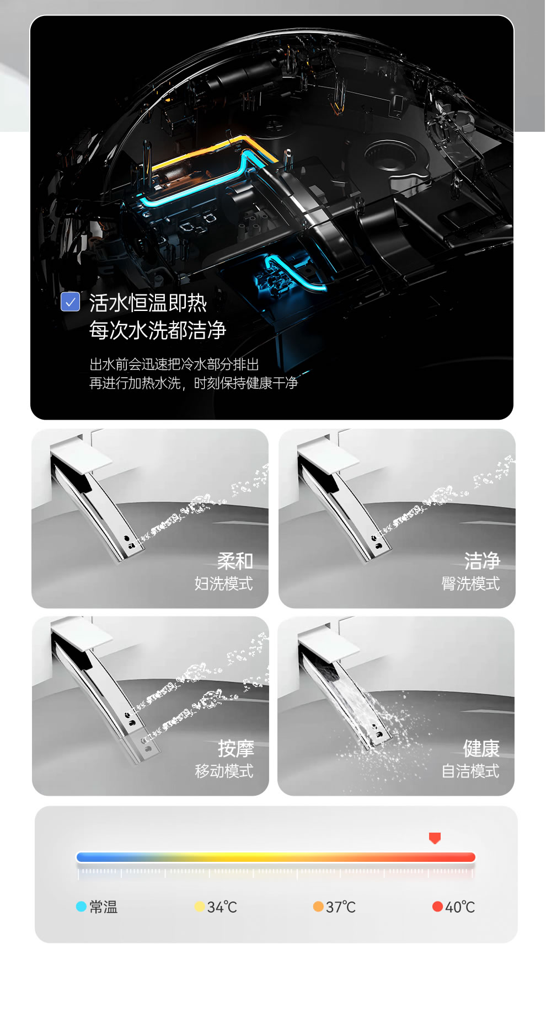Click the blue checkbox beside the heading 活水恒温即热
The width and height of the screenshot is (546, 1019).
click(x=70, y=302)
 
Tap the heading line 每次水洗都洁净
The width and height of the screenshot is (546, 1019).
click(x=158, y=330)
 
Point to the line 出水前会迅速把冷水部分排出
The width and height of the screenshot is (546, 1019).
click(x=174, y=364)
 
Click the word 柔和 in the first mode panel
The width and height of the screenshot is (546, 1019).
click(x=235, y=561)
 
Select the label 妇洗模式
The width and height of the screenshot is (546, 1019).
click(x=223, y=583)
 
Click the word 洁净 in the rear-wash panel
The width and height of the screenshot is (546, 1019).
click(x=482, y=561)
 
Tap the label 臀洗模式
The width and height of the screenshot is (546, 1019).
click(x=470, y=583)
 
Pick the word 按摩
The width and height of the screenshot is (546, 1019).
click(x=236, y=749)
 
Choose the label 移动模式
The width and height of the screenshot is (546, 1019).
click(x=224, y=771)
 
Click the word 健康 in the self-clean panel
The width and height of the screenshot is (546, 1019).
click(x=481, y=749)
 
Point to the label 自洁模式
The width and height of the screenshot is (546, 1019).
click(x=470, y=771)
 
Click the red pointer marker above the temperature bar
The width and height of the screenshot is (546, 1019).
click(x=435, y=838)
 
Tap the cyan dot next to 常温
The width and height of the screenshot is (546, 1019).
click(x=81, y=907)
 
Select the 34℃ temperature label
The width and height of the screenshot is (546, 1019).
click(x=222, y=907)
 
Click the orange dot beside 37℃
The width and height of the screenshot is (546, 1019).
click(x=318, y=907)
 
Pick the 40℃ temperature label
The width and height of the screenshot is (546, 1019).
click(x=460, y=907)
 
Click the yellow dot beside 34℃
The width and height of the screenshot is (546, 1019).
click(x=200, y=907)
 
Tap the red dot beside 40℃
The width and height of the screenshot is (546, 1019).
click(x=437, y=907)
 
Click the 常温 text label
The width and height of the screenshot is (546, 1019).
click(x=104, y=907)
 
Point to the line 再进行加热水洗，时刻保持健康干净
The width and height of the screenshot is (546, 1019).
click(x=194, y=383)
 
